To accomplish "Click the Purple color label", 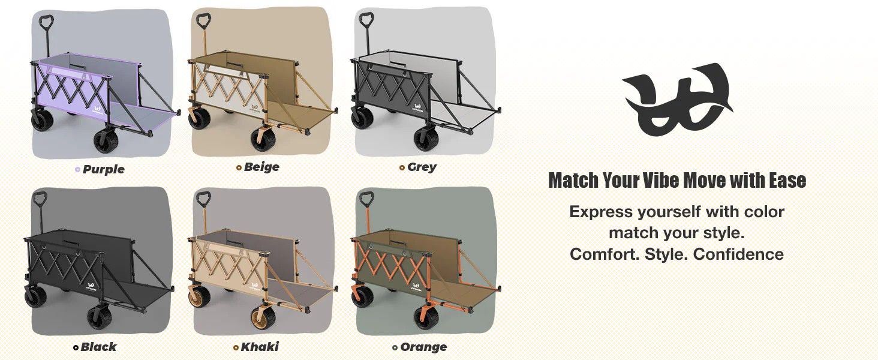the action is [x=104, y=169].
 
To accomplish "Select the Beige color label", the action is [x=261, y=167].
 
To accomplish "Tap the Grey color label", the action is [x=422, y=167].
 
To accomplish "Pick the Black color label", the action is [x=98, y=347].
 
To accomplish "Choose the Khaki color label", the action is [x=260, y=347].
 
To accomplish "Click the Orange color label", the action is [x=423, y=347].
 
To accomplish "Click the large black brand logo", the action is [x=677, y=99].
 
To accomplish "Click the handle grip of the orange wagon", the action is [x=366, y=199].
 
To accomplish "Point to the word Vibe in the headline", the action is [x=661, y=181].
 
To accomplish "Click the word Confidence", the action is [x=738, y=254].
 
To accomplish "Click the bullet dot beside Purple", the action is [x=77, y=169].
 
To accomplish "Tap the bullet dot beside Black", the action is [x=76, y=347].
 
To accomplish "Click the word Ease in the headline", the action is [x=787, y=181].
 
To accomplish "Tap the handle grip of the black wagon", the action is [x=40, y=199].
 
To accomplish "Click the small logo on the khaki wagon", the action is [x=255, y=287].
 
